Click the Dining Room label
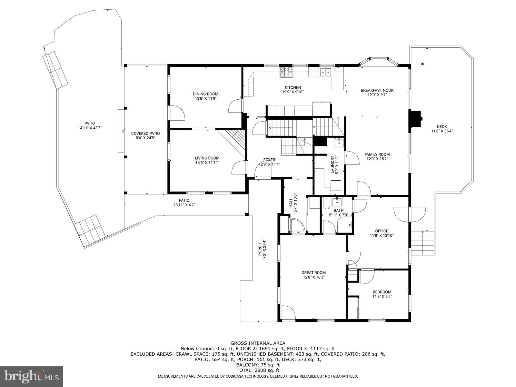tap(206, 94)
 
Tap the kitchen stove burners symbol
tap(286, 72)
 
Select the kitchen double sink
tap(326, 72)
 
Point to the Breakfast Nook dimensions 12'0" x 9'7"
tap(377, 95)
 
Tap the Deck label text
tap(442, 126)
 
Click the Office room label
tap(382, 231)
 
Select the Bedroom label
tap(382, 292)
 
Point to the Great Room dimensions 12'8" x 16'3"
tap(313, 277)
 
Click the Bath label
tap(336, 210)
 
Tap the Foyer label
tap(269, 160)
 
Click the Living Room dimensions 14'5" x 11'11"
tap(207, 163)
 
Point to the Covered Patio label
tap(145, 133)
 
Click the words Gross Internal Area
tap(258, 343)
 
